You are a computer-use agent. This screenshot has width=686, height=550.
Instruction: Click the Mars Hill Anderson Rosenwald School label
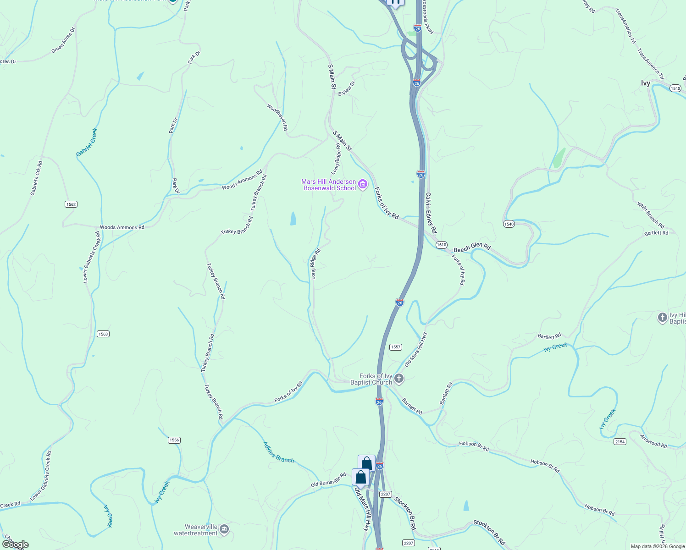coord(328,185)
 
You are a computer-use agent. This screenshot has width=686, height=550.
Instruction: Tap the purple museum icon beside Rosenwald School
coord(363,185)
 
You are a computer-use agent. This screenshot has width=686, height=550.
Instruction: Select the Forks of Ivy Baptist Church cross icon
coord(399,379)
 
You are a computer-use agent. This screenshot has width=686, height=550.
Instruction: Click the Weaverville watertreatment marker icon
coord(224,530)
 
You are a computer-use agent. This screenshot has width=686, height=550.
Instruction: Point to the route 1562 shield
coord(71,204)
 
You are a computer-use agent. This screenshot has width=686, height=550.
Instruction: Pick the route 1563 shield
coord(103,334)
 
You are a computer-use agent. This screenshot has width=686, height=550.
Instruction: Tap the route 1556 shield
coord(174,440)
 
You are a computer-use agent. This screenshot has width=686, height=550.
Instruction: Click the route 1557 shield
coord(396,347)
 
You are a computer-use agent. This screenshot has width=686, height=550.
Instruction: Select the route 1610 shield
coord(441,245)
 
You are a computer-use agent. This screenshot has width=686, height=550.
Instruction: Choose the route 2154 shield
coord(620,441)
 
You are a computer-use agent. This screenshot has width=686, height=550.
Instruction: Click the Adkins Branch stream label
coord(278,452)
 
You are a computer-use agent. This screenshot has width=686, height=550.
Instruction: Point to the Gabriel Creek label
coord(87,142)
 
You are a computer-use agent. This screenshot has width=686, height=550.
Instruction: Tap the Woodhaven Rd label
coord(277,117)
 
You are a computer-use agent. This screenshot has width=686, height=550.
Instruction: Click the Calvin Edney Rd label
coord(431,213)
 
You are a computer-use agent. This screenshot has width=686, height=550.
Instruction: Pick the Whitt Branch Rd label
coord(650,215)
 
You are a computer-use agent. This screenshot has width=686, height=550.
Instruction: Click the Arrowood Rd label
coord(653,441)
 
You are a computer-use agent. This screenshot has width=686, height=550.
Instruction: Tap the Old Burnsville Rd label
coord(328,480)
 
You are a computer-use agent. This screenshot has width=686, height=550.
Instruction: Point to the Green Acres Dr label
coord(63,40)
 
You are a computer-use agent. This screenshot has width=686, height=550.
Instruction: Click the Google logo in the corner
coord(15,544)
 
